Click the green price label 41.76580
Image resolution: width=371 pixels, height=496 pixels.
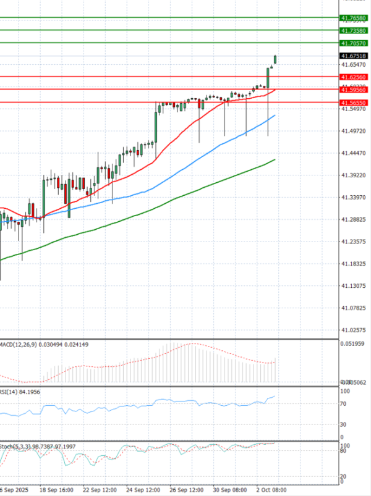pyautogui.click(x=354, y=19)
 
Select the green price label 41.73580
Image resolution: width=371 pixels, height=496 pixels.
pyautogui.click(x=354, y=30)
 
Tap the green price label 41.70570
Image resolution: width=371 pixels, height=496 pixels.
pyautogui.click(x=354, y=43)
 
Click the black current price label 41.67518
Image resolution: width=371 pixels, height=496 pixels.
pyautogui.click(x=354, y=56)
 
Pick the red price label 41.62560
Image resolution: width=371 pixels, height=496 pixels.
pyautogui.click(x=354, y=77)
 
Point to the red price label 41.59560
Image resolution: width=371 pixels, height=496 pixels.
pyautogui.click(x=354, y=90)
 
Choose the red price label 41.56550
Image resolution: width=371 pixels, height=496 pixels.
pyautogui.click(x=354, y=103)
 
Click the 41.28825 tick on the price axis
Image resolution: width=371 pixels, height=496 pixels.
pyautogui.click(x=354, y=219)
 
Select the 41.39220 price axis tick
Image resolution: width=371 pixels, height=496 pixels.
pyautogui.click(x=354, y=175)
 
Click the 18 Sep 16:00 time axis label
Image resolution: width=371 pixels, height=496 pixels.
pyautogui.click(x=57, y=489)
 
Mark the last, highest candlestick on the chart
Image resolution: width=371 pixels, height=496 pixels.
pyautogui.click(x=275, y=59)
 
